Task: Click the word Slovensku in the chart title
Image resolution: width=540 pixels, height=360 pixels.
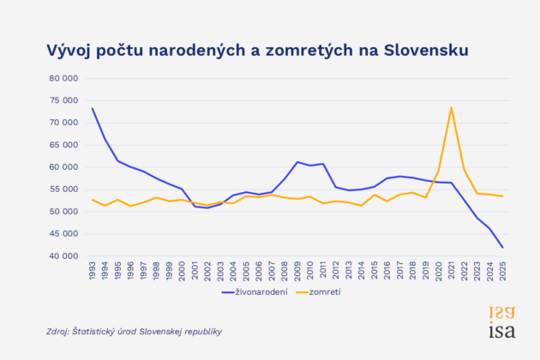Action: tap(426, 51)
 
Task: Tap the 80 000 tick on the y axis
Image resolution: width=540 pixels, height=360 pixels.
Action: tap(63, 79)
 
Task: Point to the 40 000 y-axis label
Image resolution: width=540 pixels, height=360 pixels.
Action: tap(63, 256)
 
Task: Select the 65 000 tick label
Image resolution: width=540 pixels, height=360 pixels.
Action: tap(63, 145)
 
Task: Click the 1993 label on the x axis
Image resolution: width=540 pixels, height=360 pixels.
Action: tap(93, 271)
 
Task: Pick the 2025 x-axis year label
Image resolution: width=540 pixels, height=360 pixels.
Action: tap(502, 271)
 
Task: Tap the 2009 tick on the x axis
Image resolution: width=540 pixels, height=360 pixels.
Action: tap(297, 271)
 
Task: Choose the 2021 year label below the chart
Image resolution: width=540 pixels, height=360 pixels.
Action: tap(451, 271)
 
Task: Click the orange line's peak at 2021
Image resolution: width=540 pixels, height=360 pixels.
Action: tap(451, 107)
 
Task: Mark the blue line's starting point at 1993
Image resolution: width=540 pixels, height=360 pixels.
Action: tap(93, 109)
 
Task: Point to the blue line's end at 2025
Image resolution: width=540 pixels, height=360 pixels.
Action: tap(502, 248)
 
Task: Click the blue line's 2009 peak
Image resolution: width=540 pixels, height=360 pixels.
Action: tap(297, 162)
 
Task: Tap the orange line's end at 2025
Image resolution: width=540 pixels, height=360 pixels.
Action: tap(502, 196)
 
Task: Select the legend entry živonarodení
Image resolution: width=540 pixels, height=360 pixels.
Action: tap(255, 292)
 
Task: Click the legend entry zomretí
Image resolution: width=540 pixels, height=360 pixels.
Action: tap(319, 292)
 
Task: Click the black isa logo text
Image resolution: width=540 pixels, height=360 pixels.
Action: tap(502, 330)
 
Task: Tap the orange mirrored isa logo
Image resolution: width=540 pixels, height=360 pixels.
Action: tap(502, 313)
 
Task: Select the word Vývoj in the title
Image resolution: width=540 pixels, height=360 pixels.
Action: tap(69, 51)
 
